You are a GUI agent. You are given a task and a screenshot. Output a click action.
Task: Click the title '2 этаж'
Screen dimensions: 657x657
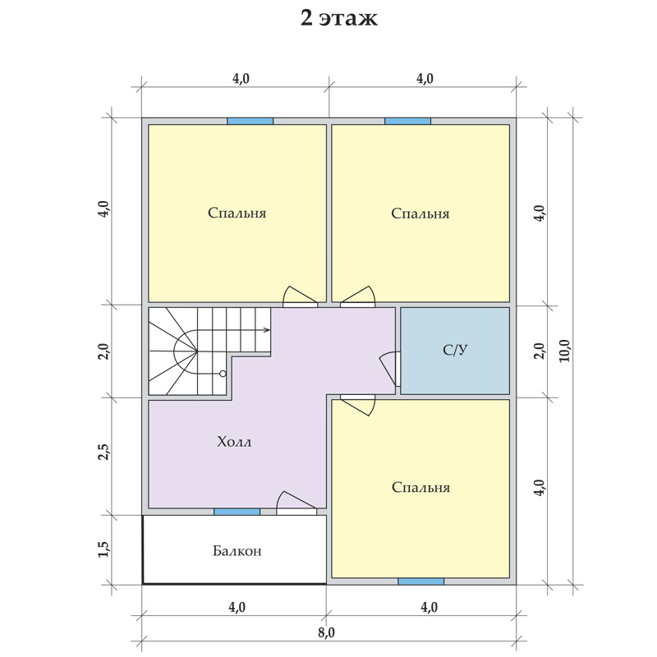click(x=339, y=18)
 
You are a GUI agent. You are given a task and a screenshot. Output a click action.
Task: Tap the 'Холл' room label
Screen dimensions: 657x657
click(x=234, y=442)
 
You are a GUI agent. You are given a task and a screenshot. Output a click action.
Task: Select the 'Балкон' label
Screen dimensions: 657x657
click(x=237, y=550)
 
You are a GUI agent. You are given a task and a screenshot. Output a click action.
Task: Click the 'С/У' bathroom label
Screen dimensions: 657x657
click(x=455, y=350)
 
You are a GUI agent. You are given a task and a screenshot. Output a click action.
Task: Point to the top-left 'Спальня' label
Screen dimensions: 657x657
click(x=237, y=213)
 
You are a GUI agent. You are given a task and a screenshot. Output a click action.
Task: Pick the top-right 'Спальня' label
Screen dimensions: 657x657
click(x=420, y=214)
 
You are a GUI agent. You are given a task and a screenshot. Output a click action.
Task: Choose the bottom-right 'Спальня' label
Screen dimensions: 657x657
click(x=420, y=487)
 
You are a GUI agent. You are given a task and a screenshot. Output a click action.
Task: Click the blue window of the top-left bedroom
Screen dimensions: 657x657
click(x=250, y=121)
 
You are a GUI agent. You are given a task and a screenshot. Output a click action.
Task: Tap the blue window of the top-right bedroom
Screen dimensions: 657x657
click(x=407, y=121)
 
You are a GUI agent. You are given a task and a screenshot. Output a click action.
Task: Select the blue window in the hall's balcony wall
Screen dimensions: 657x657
click(x=237, y=512)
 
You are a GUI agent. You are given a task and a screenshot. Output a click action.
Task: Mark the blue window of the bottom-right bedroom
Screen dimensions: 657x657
click(x=420, y=581)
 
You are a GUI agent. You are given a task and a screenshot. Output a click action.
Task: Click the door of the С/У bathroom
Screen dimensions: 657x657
click(x=389, y=369)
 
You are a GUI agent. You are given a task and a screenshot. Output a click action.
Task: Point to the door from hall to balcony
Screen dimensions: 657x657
click(x=296, y=503)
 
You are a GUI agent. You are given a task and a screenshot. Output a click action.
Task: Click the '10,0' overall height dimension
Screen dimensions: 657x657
click(x=564, y=351)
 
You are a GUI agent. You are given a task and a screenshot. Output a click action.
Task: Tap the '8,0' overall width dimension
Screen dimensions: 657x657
click(x=326, y=632)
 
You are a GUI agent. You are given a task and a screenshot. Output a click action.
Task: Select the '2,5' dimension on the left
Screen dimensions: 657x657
click(x=103, y=453)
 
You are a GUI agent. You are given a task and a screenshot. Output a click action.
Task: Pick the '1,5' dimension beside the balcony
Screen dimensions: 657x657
click(x=103, y=549)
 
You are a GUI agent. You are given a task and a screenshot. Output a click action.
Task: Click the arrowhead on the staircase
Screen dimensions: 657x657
click(x=266, y=330)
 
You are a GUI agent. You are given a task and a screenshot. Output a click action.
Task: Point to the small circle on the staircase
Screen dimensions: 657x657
click(x=223, y=374)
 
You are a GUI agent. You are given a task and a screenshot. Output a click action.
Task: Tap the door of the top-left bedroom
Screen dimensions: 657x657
click(x=300, y=296)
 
